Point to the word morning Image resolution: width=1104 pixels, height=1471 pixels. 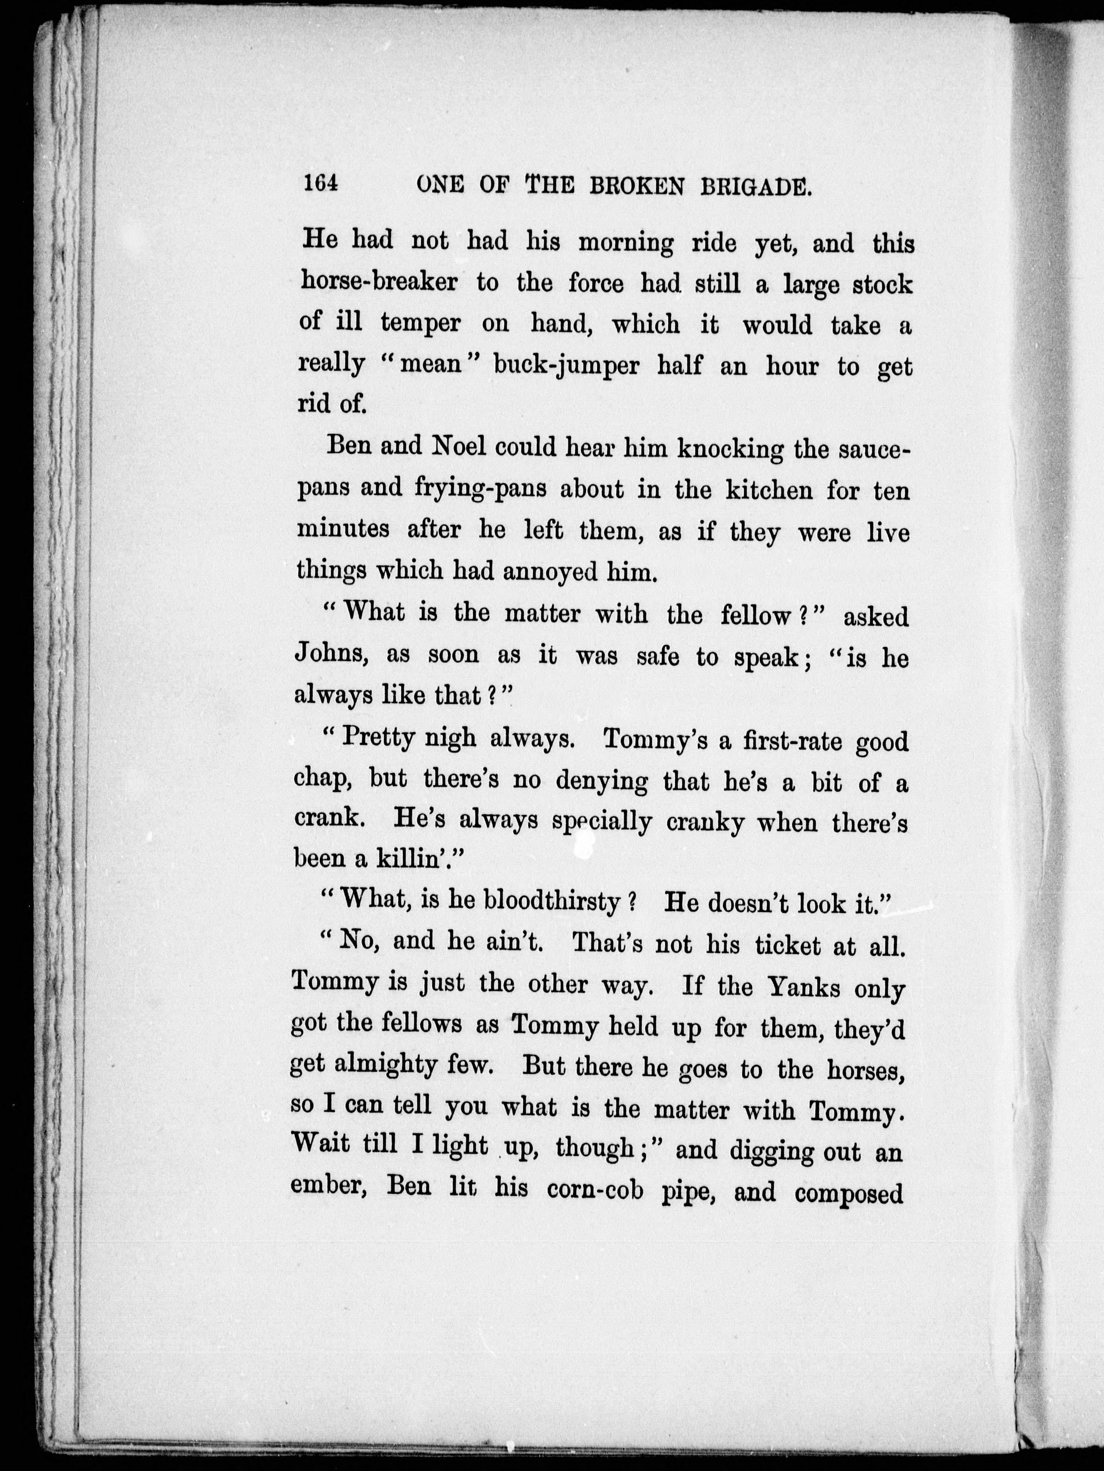[625, 243]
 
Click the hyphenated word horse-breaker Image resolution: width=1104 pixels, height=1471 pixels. [378, 282]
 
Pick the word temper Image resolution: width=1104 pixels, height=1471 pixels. [420, 324]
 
